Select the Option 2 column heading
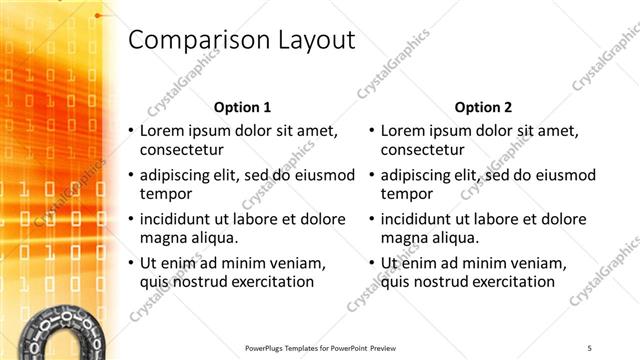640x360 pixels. pyautogui.click(x=483, y=107)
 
